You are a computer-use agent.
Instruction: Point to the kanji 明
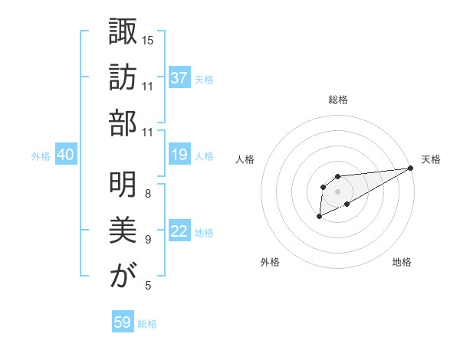pyautogui.click(x=122, y=184)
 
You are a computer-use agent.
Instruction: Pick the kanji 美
pyautogui.click(x=122, y=230)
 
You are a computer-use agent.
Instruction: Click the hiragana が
pyautogui.click(x=122, y=277)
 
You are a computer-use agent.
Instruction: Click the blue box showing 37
pyautogui.click(x=179, y=78)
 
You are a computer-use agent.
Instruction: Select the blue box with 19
pyautogui.click(x=179, y=155)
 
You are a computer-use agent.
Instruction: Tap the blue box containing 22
pyautogui.click(x=179, y=232)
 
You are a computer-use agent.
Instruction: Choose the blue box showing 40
pyautogui.click(x=65, y=155)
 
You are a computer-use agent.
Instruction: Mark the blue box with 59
pyautogui.click(x=123, y=322)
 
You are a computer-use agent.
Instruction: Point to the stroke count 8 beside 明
pyautogui.click(x=148, y=193)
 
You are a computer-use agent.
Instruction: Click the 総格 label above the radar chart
pyautogui.click(x=337, y=100)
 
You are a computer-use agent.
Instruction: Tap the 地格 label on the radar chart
pyautogui.click(x=402, y=262)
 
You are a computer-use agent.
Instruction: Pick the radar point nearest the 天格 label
pyautogui.click(x=411, y=169)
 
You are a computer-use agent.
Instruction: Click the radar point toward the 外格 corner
pyautogui.click(x=320, y=218)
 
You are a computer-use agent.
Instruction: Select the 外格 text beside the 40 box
pyautogui.click(x=41, y=155)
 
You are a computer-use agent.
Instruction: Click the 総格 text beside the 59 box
pyautogui.click(x=147, y=323)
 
